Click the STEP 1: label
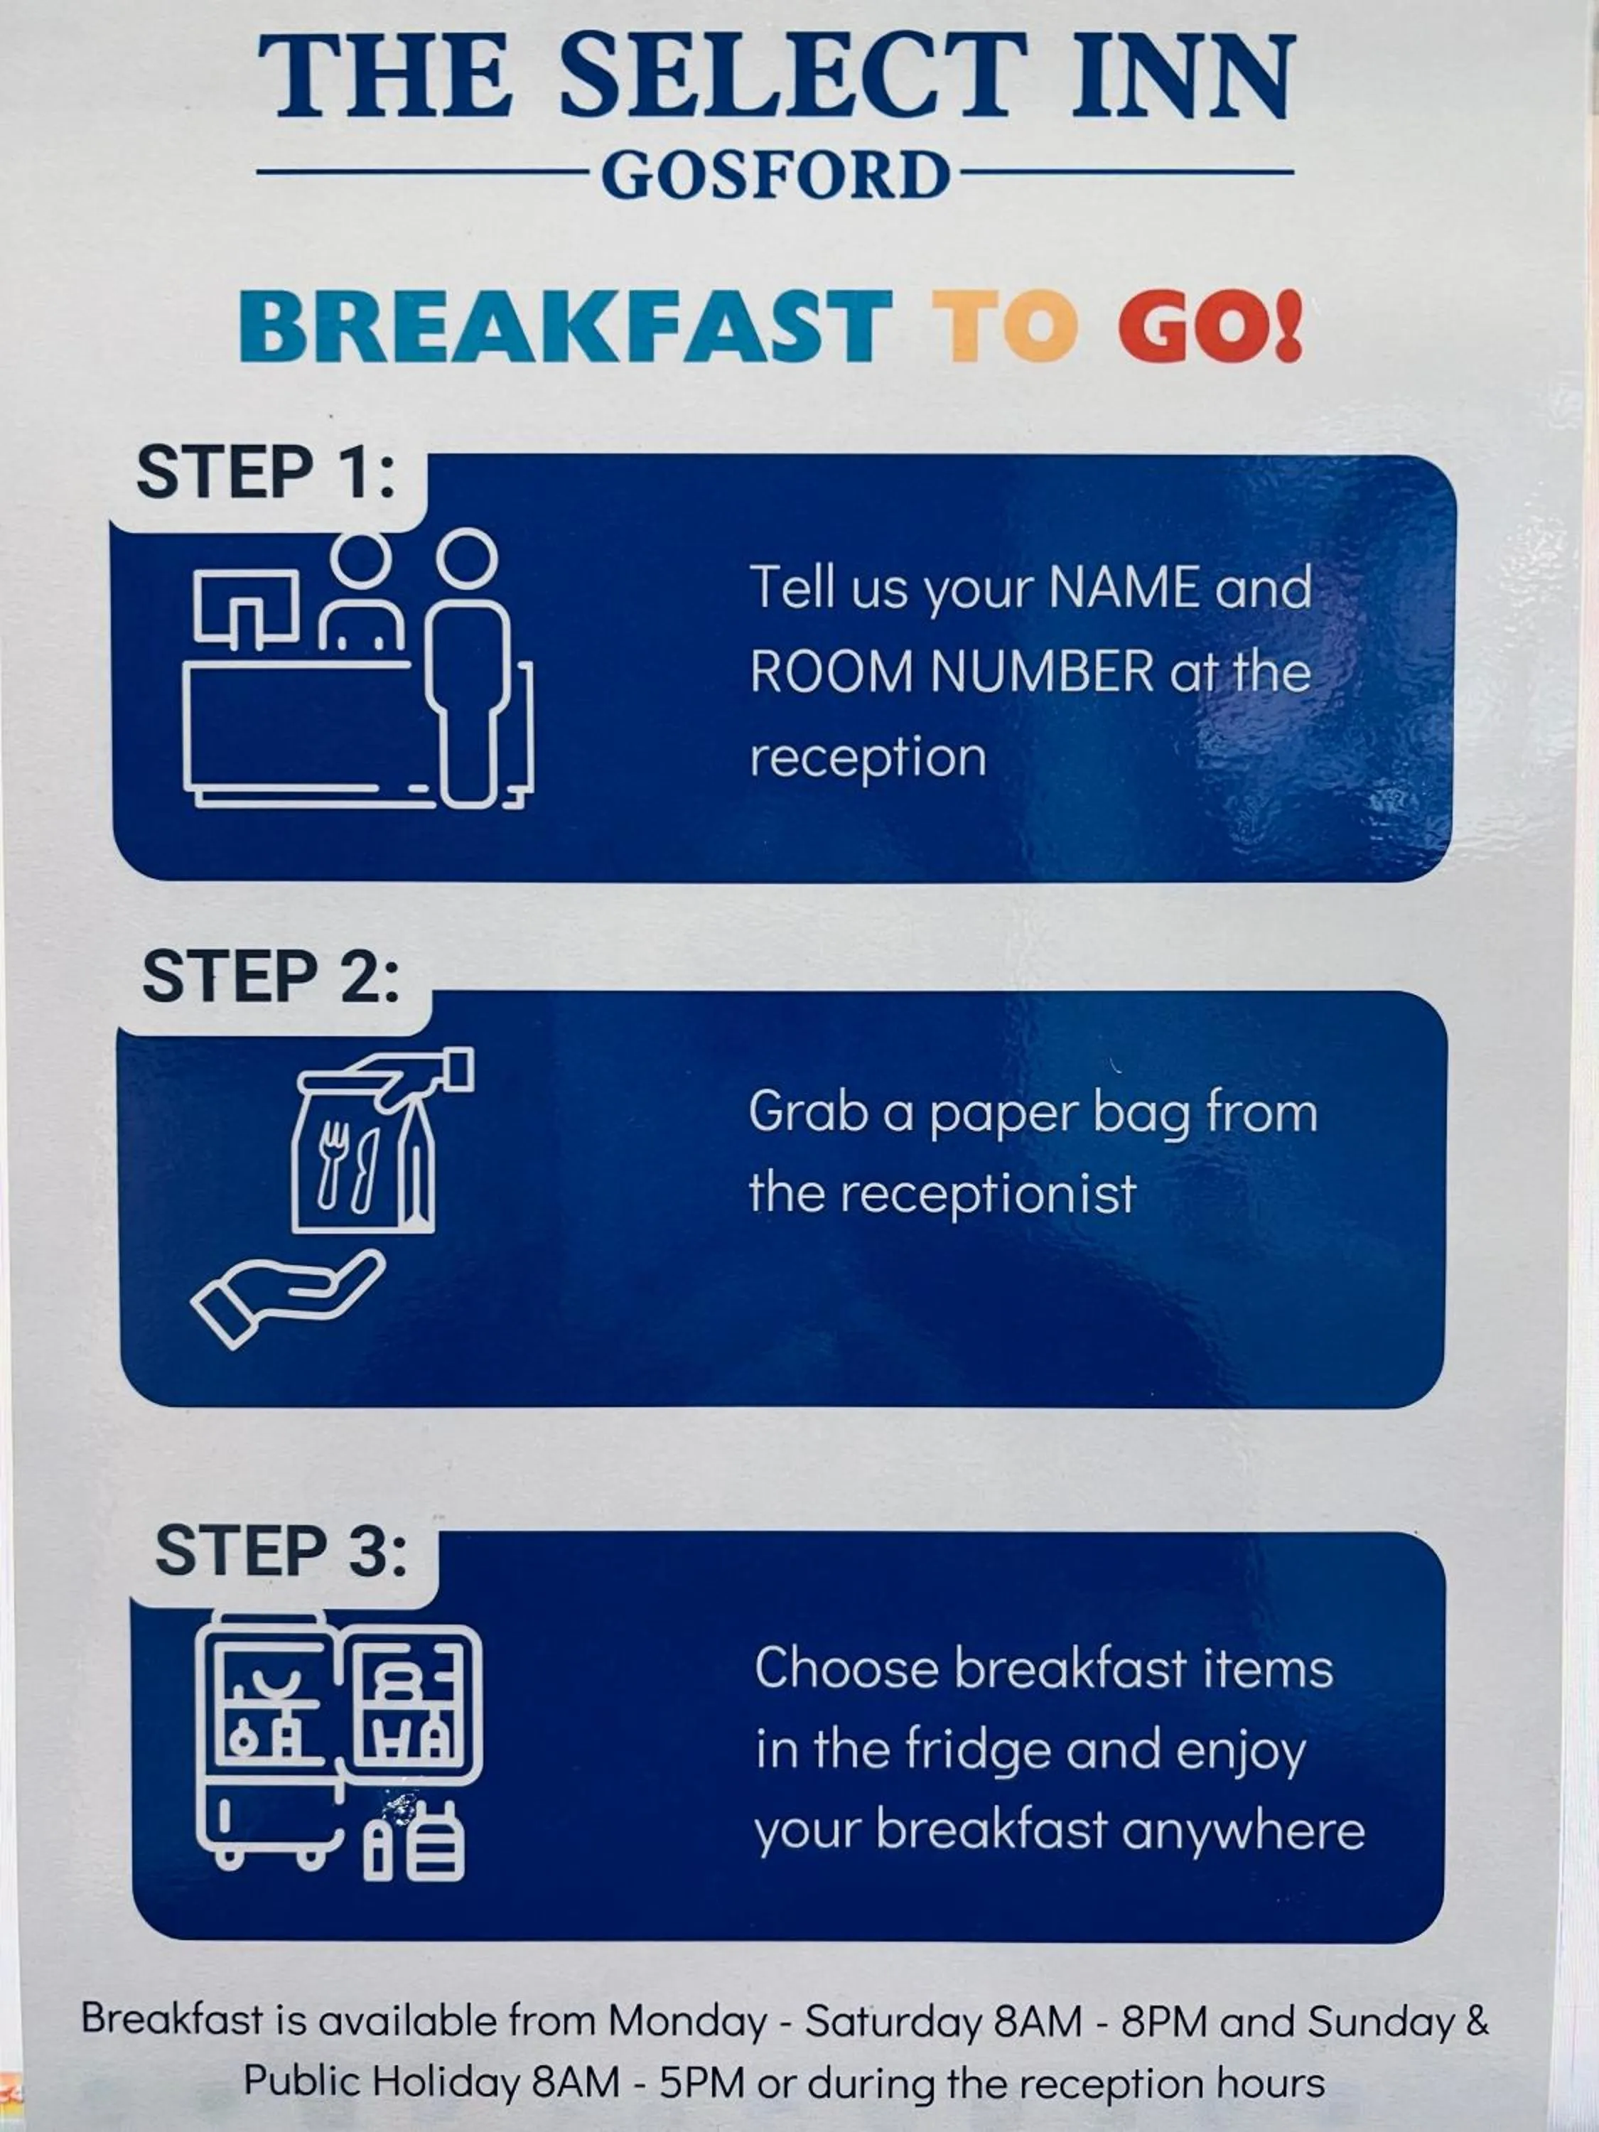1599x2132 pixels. (x=266, y=473)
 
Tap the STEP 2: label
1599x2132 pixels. (x=270, y=976)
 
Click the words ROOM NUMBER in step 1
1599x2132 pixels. (x=952, y=671)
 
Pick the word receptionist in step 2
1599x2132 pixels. (x=988, y=1194)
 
